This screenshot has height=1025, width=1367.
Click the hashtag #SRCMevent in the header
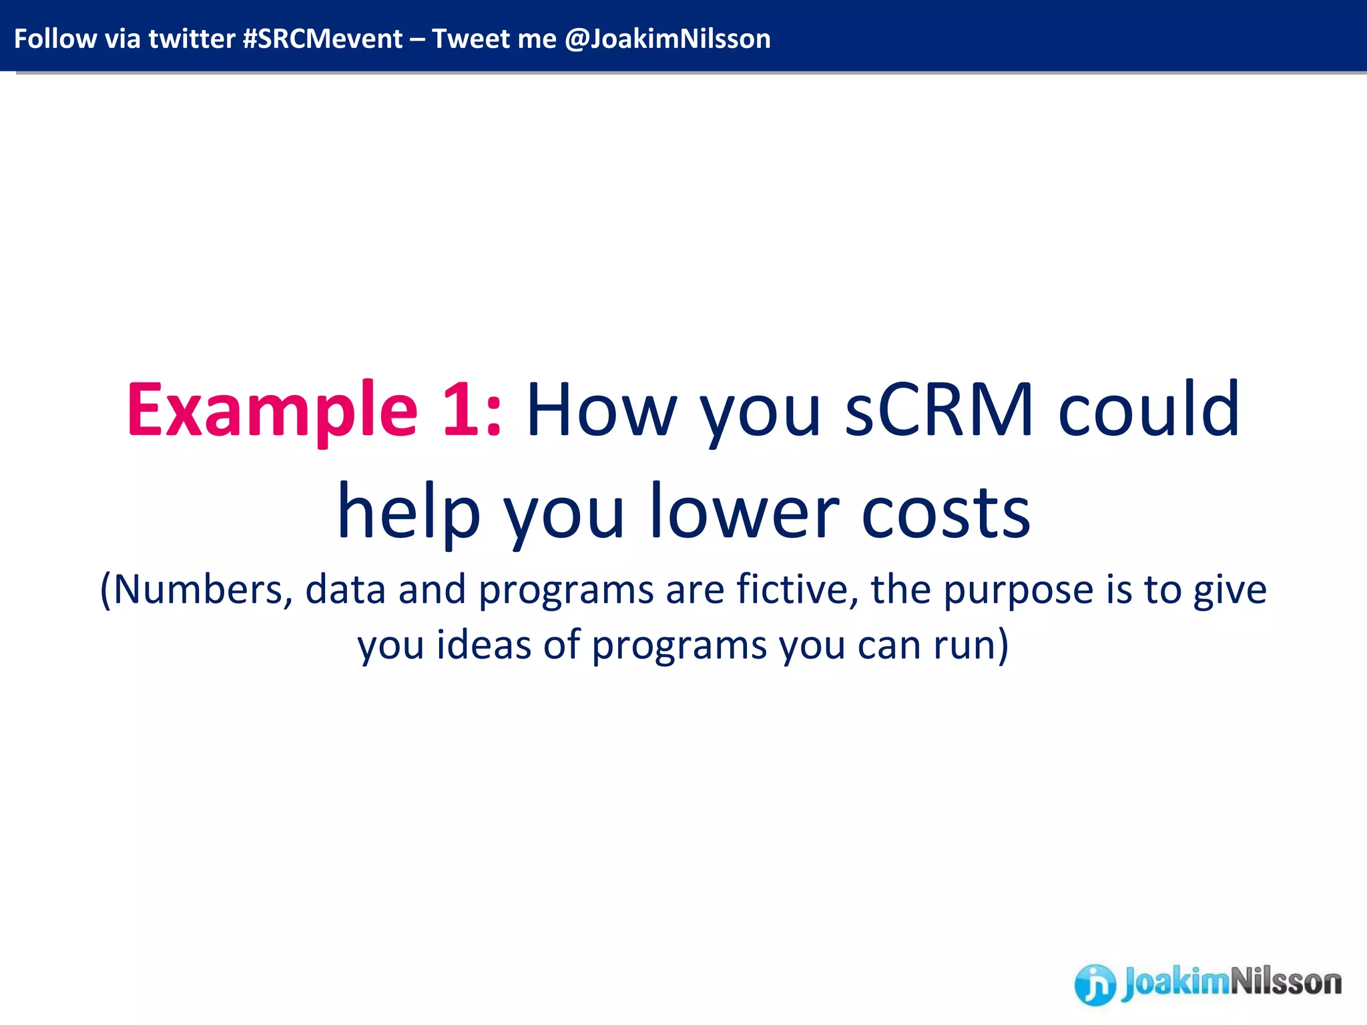point(322,39)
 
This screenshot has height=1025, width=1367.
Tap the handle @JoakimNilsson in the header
point(667,39)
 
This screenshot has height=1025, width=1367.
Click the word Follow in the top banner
point(55,39)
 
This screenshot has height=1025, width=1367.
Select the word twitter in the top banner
point(192,39)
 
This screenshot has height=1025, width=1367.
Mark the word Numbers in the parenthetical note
point(197,590)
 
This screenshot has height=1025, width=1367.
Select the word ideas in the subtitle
point(484,645)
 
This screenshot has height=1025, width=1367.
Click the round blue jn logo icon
point(1095,984)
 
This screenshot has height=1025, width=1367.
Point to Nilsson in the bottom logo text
point(1285,982)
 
